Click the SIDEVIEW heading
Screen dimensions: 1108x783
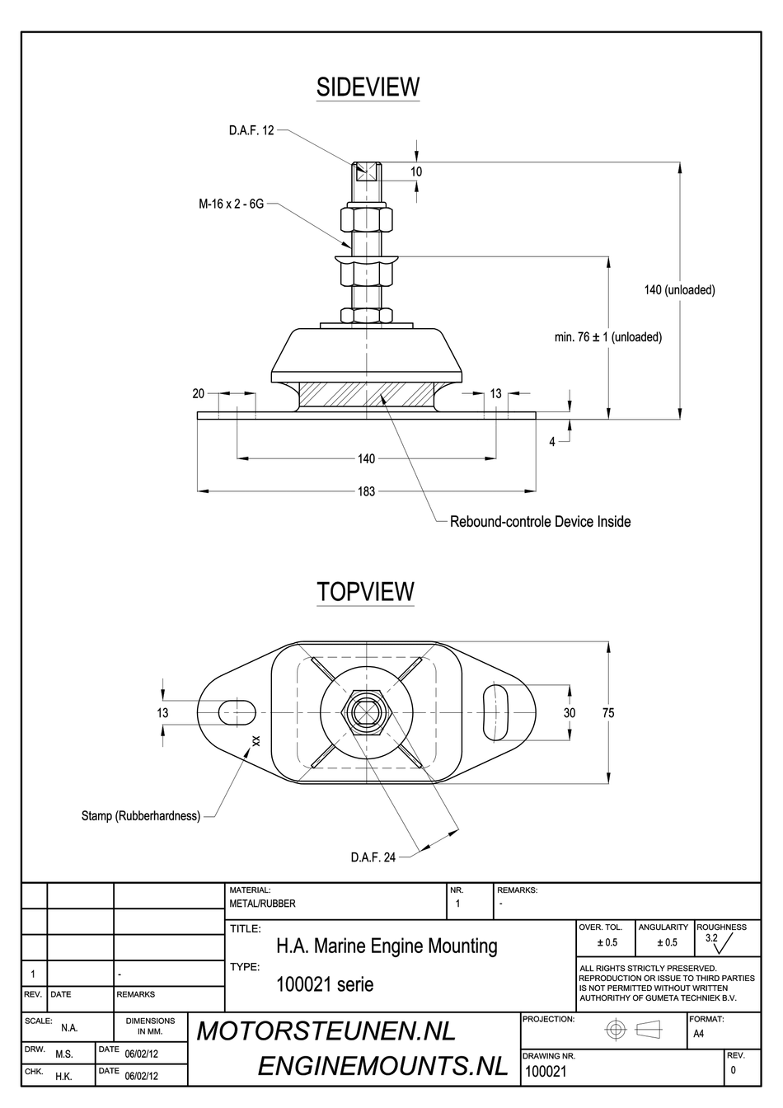[x=368, y=87]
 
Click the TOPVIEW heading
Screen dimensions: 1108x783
[x=366, y=592]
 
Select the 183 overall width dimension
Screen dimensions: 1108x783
[x=366, y=491]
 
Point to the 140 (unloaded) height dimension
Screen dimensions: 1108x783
[x=679, y=290]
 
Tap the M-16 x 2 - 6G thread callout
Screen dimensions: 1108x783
[x=231, y=204]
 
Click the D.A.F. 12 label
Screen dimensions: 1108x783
[x=251, y=130]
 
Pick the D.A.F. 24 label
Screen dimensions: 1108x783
[x=373, y=857]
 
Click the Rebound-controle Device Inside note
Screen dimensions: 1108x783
[x=540, y=522]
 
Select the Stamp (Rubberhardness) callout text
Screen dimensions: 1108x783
[x=140, y=816]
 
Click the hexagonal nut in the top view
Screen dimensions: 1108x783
[x=365, y=711]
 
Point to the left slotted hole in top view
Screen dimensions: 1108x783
[x=237, y=711]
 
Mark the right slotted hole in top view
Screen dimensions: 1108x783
[x=496, y=711]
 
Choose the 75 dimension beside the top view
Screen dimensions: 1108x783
[x=608, y=713]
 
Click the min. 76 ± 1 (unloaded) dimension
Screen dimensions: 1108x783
[x=609, y=337]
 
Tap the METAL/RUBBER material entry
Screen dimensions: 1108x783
[x=262, y=904]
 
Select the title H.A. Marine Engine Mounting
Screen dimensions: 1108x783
[x=387, y=946]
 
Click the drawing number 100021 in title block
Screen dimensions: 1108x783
[x=546, y=1072]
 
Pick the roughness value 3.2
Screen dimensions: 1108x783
[x=711, y=938]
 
